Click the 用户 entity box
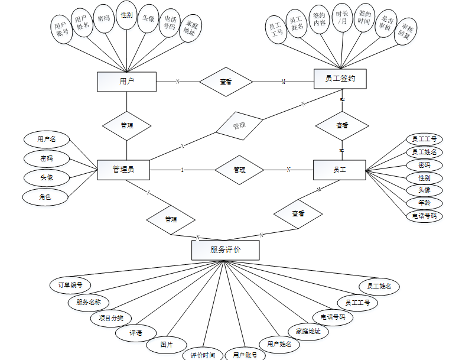126,82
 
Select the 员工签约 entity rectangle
340,79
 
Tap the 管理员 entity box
123,170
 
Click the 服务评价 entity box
225,249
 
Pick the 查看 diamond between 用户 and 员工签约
226,82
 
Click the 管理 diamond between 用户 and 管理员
126,125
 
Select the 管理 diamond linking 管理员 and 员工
239,170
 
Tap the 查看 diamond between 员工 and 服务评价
298,213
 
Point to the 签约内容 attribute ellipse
320,19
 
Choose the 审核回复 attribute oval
406,31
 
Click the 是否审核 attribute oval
386,22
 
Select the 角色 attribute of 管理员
45,197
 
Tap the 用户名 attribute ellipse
47,140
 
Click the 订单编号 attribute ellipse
70,284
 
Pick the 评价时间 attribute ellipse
203,355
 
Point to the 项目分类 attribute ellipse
110,318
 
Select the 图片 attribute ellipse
167,345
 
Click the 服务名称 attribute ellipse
89,302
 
